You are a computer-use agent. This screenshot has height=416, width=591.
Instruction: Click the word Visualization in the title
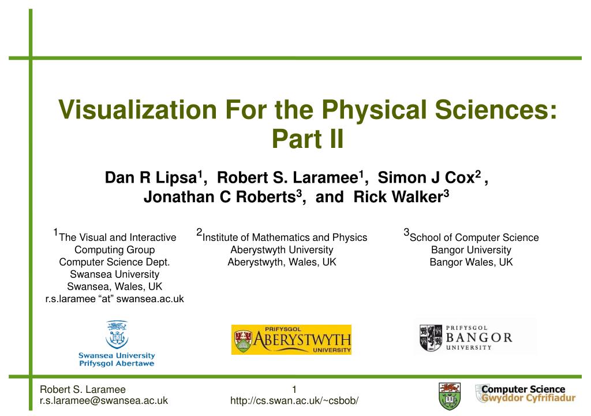137,110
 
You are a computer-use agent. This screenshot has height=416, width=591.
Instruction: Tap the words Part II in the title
308,139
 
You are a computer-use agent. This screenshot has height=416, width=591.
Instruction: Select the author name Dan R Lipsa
151,178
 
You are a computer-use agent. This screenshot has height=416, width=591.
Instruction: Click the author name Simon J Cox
426,177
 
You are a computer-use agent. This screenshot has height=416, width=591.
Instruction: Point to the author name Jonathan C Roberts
220,197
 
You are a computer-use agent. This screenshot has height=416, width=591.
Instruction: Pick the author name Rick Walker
398,196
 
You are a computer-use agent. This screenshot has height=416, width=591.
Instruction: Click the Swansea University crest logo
117,335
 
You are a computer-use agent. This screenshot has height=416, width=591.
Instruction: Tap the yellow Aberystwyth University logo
291,339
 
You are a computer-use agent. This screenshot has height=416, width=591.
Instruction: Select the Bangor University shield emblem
431,338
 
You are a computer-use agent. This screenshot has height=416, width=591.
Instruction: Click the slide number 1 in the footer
294,389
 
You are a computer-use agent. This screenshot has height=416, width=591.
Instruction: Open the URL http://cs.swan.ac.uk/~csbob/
294,400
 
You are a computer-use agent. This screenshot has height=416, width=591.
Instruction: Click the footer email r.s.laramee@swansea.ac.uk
104,400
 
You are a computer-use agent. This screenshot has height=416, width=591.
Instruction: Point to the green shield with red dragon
450,396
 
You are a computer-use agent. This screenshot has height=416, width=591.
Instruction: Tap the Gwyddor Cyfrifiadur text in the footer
529,398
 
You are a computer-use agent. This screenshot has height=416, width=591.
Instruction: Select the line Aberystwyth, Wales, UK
282,262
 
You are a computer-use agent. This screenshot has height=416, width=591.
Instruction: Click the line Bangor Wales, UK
471,262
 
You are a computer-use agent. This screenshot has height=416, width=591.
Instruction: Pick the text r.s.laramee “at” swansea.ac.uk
115,299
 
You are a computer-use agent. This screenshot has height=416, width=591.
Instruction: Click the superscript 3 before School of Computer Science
406,232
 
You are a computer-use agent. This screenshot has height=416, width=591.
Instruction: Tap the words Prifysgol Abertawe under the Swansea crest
117,363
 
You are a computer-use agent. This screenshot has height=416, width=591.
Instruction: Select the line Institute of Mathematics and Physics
285,237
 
